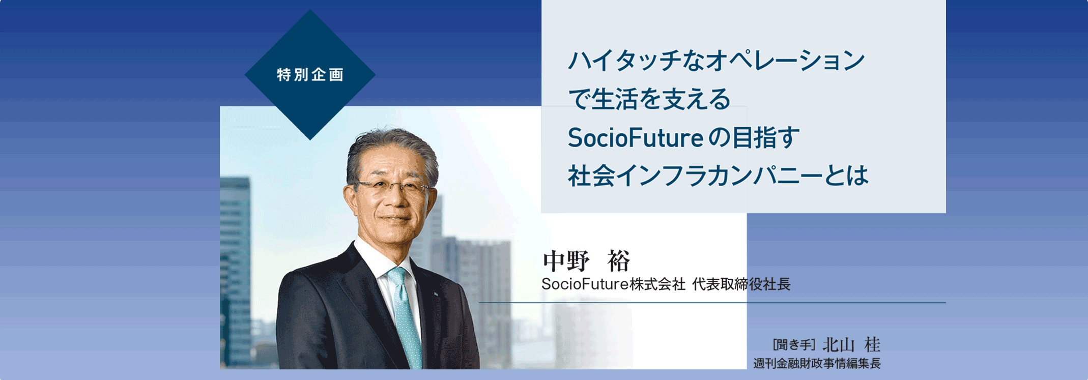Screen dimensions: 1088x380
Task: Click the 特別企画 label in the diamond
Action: pos(310,75)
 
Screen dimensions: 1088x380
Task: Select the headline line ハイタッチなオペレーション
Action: pos(716,61)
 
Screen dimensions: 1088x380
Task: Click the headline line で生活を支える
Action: pos(649,99)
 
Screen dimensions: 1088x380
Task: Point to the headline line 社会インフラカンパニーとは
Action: pos(718,176)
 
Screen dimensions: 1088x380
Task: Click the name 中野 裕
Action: pos(586,261)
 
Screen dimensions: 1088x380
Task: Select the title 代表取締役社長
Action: pos(741,284)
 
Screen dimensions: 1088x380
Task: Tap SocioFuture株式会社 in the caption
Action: pos(613,284)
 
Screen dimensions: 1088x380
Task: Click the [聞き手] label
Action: pos(794,345)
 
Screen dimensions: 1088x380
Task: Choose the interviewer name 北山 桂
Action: pos(851,345)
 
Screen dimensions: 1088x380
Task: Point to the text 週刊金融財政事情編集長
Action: pos(817,363)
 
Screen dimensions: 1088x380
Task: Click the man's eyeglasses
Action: pos(393,187)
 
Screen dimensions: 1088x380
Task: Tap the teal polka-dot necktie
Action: pos(405,315)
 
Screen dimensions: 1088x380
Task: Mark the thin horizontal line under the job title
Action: pos(712,303)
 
